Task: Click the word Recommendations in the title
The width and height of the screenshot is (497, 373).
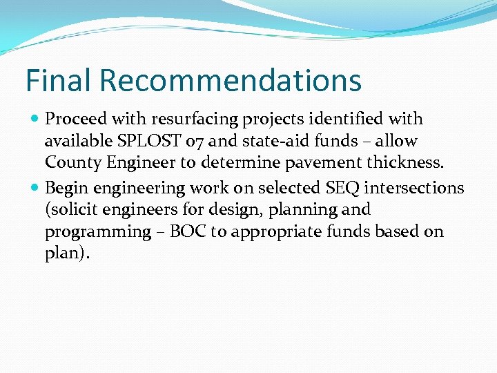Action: point(231,80)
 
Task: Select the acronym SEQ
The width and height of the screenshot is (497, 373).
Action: point(336,188)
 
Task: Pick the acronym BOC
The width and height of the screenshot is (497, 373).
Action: point(184,232)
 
